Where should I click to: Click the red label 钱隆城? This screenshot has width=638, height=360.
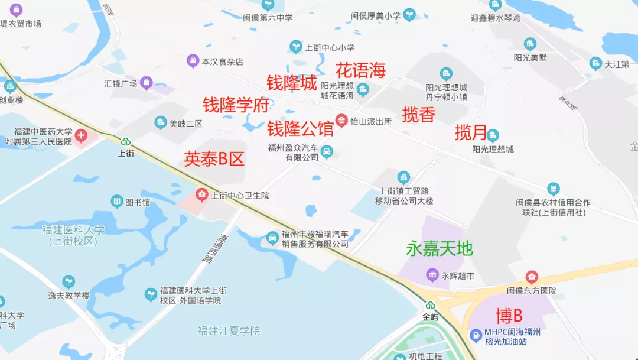[x=292, y=83]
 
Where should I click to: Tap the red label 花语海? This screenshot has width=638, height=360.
[x=360, y=70]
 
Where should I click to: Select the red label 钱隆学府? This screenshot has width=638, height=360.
[x=236, y=105]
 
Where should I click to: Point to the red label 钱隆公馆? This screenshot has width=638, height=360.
[x=301, y=128]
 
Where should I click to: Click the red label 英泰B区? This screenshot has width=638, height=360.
[x=214, y=158]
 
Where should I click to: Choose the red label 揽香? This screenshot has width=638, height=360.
[x=419, y=115]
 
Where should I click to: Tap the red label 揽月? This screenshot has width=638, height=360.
[x=471, y=132]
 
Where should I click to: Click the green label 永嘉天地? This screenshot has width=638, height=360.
[x=440, y=249]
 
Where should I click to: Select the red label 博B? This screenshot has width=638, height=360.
[x=509, y=315]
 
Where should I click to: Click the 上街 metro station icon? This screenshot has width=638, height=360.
[x=125, y=141]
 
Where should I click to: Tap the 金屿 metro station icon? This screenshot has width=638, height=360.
[x=431, y=306]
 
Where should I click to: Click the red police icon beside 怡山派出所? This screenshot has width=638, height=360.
[x=341, y=121]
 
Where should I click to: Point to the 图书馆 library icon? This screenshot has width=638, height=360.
[x=117, y=202]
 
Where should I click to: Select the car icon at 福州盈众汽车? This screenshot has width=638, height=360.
[x=327, y=153]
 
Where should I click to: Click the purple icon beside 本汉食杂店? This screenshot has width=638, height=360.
[x=193, y=61]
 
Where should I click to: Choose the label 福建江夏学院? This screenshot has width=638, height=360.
[x=229, y=330]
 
